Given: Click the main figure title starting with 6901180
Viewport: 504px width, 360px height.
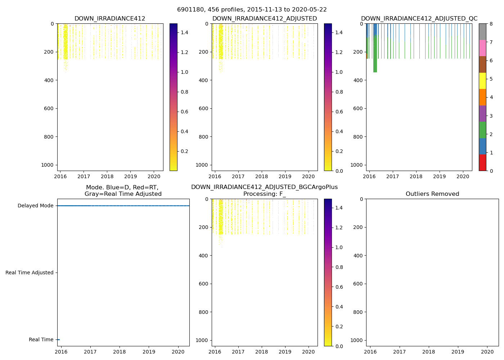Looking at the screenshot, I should [x=252, y=10].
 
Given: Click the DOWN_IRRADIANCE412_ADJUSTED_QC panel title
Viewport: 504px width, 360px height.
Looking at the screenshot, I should [x=419, y=19].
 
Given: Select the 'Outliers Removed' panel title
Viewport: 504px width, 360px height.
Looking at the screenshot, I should [x=432, y=194].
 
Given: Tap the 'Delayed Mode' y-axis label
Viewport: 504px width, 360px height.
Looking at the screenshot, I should [x=35, y=206].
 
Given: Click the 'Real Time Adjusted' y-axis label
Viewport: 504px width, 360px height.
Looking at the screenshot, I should [x=30, y=273].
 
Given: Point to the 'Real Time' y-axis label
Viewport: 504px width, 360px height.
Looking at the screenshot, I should [x=41, y=340].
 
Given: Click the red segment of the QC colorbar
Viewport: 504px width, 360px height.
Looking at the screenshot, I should [x=482, y=163].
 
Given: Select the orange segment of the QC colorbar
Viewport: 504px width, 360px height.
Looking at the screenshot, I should [x=482, y=97].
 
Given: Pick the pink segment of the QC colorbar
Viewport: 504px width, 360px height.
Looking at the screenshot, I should [x=482, y=48].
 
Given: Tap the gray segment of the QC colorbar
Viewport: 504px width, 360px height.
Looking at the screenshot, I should [x=482, y=32].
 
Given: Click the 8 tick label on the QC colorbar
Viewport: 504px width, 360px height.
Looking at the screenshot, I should [x=491, y=24].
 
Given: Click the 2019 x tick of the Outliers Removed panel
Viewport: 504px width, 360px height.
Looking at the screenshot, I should [x=458, y=352].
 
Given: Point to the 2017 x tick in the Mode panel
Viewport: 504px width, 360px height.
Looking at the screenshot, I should [x=90, y=352].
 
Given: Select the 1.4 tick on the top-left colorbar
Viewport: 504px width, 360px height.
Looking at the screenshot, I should [x=184, y=33].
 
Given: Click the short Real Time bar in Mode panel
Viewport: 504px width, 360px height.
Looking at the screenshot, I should [x=58, y=339].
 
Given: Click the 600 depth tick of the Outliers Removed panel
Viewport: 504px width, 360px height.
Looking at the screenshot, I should [x=357, y=284].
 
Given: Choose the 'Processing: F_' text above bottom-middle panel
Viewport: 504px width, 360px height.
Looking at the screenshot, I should [x=264, y=194].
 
